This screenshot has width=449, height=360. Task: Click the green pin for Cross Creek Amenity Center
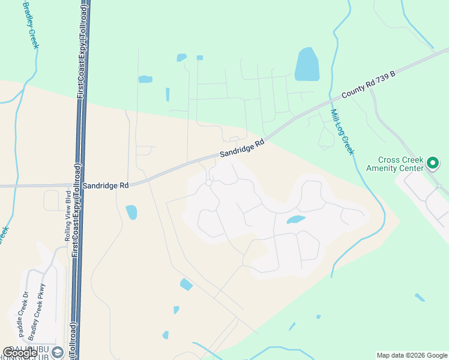tap(432, 163)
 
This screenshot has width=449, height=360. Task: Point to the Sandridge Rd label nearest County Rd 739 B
tap(242, 149)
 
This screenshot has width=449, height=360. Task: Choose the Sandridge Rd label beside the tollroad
tap(106, 186)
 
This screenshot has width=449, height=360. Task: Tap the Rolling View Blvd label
tap(68, 216)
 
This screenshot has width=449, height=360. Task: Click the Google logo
tap(20, 353)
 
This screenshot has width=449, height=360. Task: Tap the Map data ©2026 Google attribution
tap(412, 355)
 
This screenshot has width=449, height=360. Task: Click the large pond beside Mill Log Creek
tap(307, 64)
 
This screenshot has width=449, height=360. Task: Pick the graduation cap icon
tap(58, 352)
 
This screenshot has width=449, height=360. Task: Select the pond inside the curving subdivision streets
tap(296, 220)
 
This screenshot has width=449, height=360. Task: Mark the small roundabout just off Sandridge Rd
tap(209, 182)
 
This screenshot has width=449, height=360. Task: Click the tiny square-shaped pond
tap(199, 58)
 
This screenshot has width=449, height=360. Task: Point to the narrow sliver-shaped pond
tap(167, 94)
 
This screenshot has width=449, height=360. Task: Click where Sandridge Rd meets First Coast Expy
tap(77, 185)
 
